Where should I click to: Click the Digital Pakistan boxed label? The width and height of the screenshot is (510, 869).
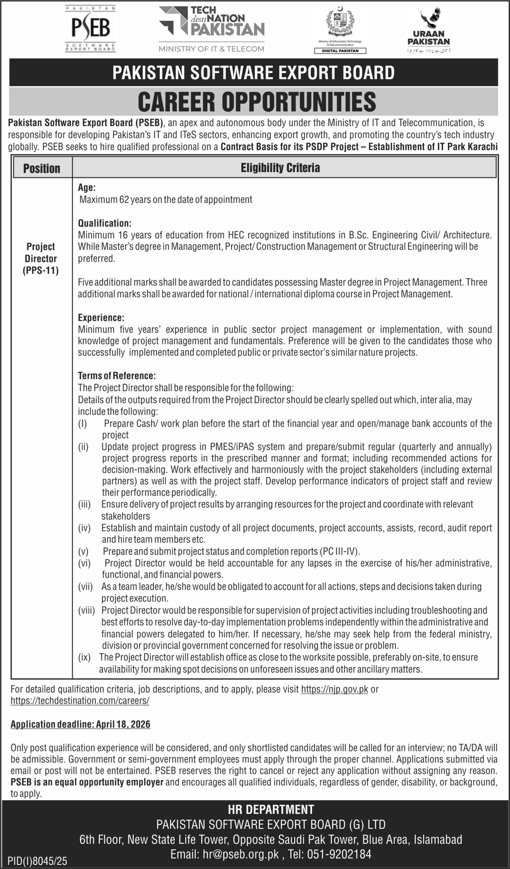pyautogui.click(x=340, y=51)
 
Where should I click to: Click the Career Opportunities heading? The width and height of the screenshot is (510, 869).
pyautogui.click(x=257, y=101)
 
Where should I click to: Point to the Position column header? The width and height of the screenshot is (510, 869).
pyautogui.click(x=42, y=168)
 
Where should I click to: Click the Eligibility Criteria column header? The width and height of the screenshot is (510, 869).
pyautogui.click(x=280, y=168)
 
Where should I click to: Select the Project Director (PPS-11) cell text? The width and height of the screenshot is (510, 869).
pyautogui.click(x=41, y=258)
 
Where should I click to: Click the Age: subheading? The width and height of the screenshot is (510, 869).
pyautogui.click(x=86, y=187)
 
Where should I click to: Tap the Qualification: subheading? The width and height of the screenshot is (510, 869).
pyautogui.click(x=105, y=223)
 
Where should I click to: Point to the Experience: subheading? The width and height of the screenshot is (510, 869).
pyautogui.click(x=101, y=317)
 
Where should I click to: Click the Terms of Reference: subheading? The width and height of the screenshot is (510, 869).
pyautogui.click(x=117, y=375)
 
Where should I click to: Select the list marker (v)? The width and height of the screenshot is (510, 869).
pyautogui.click(x=83, y=551)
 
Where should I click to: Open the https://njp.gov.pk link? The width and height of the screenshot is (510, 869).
pyautogui.click(x=335, y=689)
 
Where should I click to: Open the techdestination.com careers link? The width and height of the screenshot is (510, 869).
pyautogui.click(x=80, y=701)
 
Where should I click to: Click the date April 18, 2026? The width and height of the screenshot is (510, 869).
pyautogui.click(x=123, y=724)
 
